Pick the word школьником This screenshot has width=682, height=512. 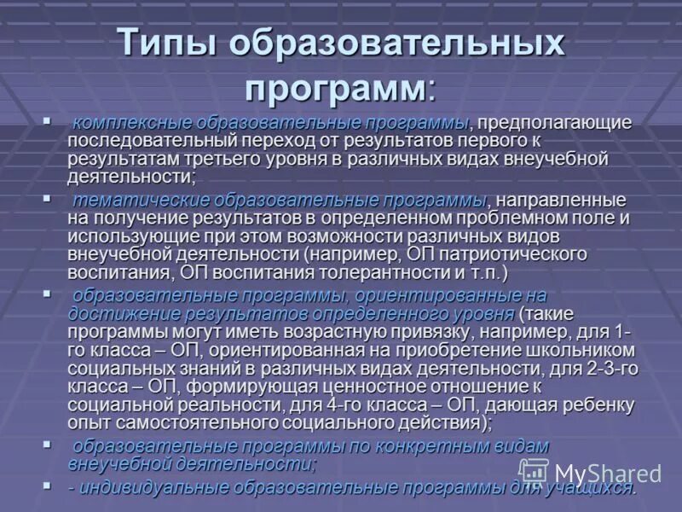[581, 351]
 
